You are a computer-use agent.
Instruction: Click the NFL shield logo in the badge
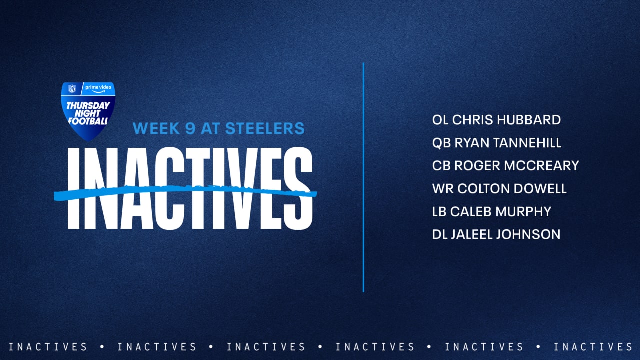(72, 89)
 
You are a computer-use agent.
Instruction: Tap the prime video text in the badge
(98, 88)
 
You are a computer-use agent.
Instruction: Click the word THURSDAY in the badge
(88, 106)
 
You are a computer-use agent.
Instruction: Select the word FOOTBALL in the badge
(88, 121)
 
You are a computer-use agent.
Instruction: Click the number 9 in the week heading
(190, 128)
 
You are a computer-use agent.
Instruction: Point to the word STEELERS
(265, 128)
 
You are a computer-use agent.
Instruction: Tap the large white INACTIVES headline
(190, 188)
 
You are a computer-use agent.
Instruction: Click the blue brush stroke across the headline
(185, 192)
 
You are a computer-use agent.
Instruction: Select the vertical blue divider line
(363, 177)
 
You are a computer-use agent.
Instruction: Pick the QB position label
(441, 143)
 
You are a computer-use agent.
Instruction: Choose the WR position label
(443, 189)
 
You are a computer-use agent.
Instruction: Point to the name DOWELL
(540, 189)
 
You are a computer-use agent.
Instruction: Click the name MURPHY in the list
(523, 211)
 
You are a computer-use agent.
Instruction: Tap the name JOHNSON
(528, 234)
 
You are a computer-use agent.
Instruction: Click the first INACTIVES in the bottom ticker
(48, 347)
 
